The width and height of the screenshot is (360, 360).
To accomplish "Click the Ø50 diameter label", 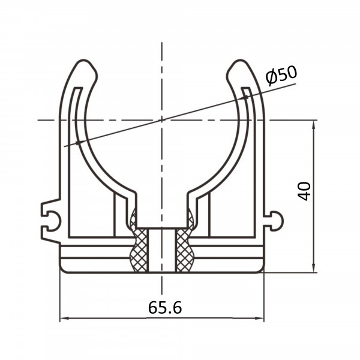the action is click(x=281, y=75).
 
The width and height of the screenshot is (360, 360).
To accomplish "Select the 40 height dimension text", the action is click(x=304, y=191).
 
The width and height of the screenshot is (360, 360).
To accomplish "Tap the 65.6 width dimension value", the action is click(x=165, y=307).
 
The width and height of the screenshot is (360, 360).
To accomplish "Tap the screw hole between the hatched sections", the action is click(x=162, y=250).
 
